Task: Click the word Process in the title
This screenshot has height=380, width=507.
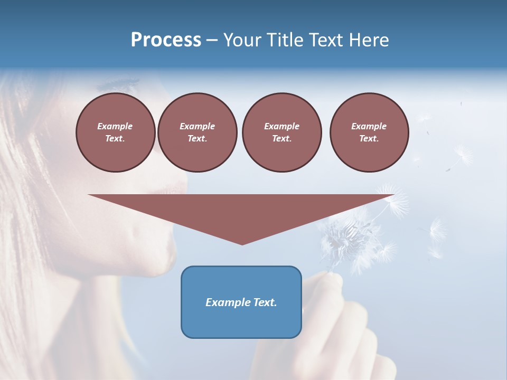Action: tap(166, 40)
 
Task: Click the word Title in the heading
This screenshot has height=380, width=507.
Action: tap(285, 40)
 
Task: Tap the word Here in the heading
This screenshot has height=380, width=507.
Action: tap(368, 40)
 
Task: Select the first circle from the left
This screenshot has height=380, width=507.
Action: tap(115, 132)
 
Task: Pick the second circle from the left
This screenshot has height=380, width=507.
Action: tap(197, 132)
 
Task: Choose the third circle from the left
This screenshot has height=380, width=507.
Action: tap(281, 132)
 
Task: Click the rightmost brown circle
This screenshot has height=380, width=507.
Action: tap(369, 132)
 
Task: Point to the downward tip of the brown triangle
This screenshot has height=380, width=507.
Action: tap(242, 244)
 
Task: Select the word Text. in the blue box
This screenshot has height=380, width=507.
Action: tap(265, 302)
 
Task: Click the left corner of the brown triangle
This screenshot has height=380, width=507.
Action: tap(90, 195)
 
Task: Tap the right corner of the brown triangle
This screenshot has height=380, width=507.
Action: tap(392, 195)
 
